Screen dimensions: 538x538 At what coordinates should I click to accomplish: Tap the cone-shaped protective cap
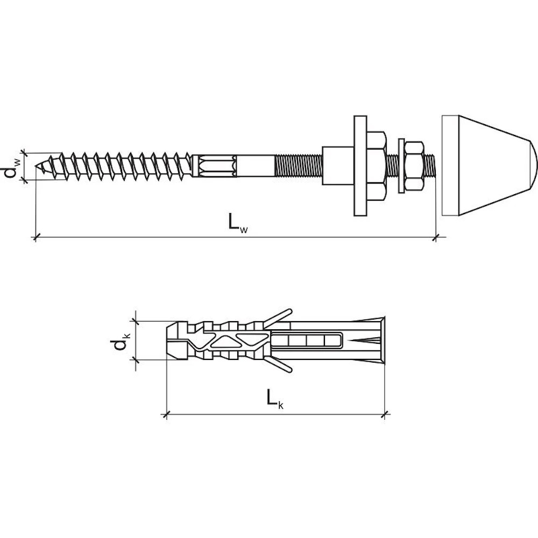[x=489, y=166]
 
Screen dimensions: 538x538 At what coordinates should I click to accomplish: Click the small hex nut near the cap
[x=414, y=166]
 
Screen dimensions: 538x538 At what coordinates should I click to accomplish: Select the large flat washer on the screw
[x=360, y=166]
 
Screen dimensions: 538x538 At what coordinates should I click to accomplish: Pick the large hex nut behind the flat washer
[x=377, y=166]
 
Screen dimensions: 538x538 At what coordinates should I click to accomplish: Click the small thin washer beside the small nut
[x=401, y=166]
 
